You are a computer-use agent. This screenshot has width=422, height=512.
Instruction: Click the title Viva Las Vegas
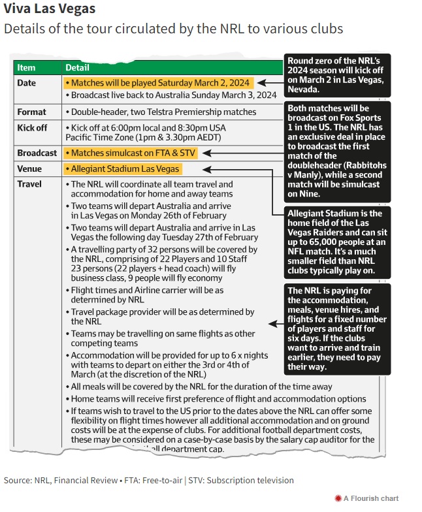pyautogui.click(x=50, y=9)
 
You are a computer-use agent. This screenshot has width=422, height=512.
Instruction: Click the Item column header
pyautogui.click(x=27, y=67)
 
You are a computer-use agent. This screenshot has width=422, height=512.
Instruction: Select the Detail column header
pyautogui.click(x=77, y=67)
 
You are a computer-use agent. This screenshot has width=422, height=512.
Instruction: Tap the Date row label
pyautogui.click(x=27, y=83)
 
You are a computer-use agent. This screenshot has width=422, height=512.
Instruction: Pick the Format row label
pyautogui.click(x=32, y=112)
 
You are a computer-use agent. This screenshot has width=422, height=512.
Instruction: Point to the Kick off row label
pyautogui.click(x=33, y=127)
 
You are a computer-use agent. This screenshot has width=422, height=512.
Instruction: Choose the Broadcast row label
pyautogui.click(x=37, y=153)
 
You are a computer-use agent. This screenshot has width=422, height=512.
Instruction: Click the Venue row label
pyautogui.click(x=29, y=169)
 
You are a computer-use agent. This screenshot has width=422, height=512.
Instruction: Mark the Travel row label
pyautogui.click(x=29, y=184)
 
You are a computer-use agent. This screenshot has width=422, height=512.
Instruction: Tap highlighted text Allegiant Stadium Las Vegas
pyautogui.click(x=131, y=169)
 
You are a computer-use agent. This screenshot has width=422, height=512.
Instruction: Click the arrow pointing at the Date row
pyautogui.click(x=271, y=83)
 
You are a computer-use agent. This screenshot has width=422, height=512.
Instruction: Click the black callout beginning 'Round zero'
pyautogui.click(x=337, y=74)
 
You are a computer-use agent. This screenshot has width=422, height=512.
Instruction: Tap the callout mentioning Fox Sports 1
pyautogui.click(x=337, y=150)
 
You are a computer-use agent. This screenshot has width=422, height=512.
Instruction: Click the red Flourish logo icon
pyautogui.click(x=338, y=498)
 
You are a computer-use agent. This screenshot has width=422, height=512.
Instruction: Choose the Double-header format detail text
pyautogui.click(x=162, y=112)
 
